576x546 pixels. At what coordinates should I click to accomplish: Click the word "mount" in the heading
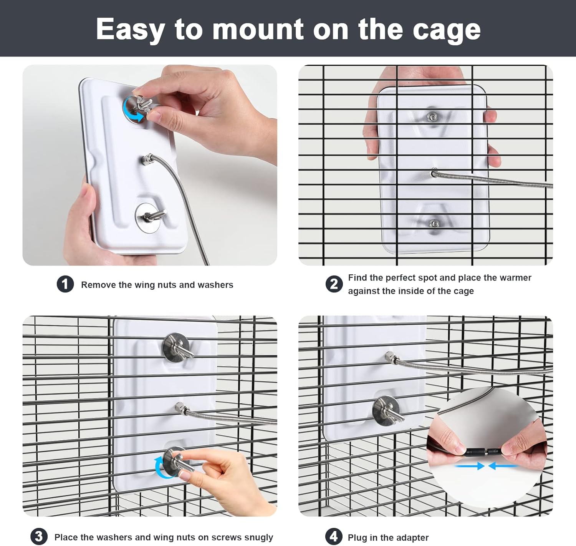[258, 30]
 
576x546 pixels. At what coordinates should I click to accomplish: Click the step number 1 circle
[65, 284]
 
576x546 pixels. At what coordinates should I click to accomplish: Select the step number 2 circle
[334, 284]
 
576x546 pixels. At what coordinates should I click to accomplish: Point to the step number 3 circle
[39, 537]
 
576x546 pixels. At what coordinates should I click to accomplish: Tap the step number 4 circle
[333, 537]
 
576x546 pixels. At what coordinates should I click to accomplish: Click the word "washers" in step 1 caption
[215, 285]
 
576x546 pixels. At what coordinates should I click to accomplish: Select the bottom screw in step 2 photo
[434, 224]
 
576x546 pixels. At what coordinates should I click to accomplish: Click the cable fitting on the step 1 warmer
[148, 159]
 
